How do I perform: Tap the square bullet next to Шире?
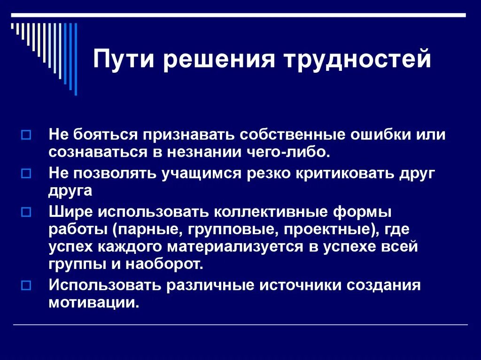click(26, 212)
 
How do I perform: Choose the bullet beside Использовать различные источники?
click(26, 284)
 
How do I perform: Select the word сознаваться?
click(92, 153)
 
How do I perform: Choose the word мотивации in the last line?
click(93, 302)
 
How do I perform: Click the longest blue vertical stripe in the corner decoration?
click(76, 59)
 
